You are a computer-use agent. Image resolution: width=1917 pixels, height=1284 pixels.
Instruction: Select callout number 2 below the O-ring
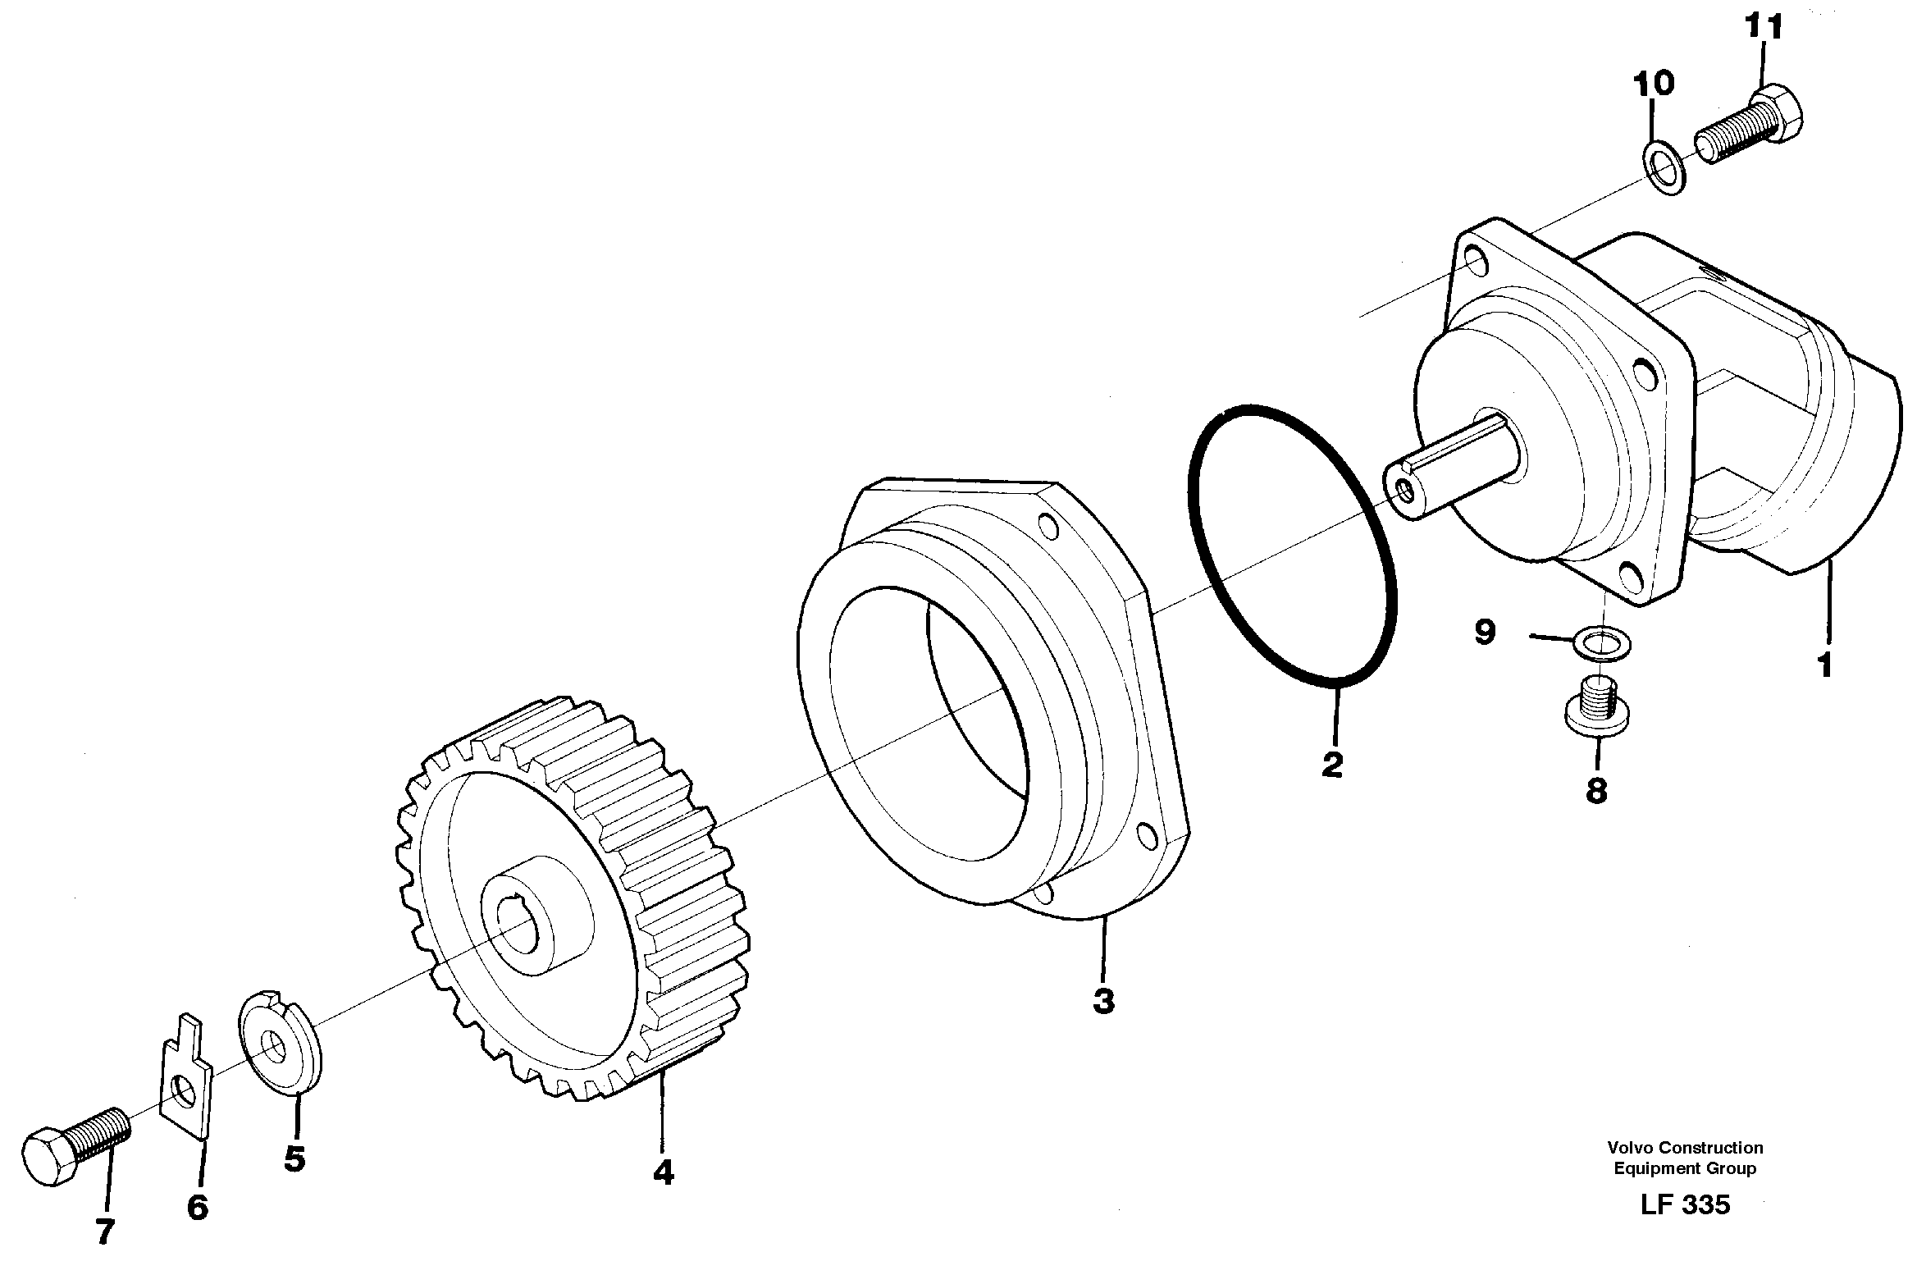1333,765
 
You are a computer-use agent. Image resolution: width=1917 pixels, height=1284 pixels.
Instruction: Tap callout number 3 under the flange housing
1103,1001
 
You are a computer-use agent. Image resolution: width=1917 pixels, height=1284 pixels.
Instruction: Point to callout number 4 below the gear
663,1173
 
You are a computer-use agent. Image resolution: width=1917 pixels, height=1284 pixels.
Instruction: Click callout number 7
104,1231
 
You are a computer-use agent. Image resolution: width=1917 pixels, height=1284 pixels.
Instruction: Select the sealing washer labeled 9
1602,643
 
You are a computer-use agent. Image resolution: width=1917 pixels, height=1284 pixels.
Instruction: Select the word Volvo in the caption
1632,1148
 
